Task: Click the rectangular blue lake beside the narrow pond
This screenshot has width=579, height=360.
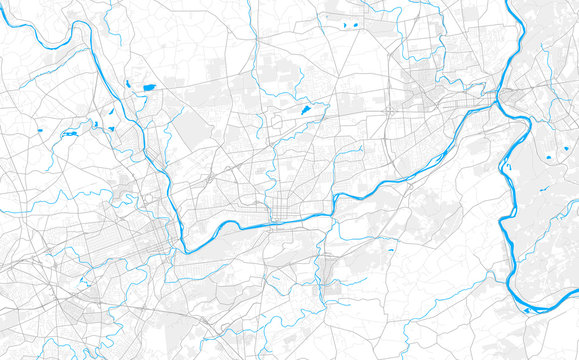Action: tap(149, 87)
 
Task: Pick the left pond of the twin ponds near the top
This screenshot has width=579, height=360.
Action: tap(344, 25)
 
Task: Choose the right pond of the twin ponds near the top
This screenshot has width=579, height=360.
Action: tap(356, 23)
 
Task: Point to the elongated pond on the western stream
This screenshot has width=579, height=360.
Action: tap(71, 132)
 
